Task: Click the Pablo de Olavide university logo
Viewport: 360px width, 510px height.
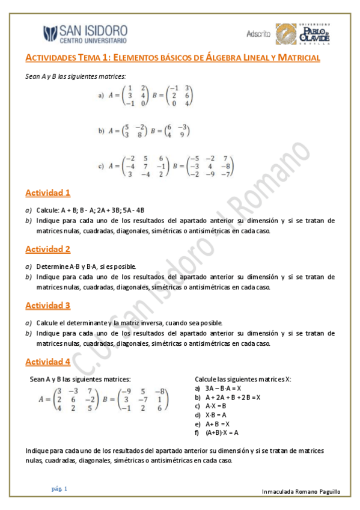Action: pyautogui.click(x=304, y=34)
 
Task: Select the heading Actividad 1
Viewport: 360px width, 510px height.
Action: pyautogui.click(x=48, y=193)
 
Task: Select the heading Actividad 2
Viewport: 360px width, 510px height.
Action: pyautogui.click(x=48, y=249)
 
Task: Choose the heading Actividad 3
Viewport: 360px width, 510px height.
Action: pyautogui.click(x=48, y=306)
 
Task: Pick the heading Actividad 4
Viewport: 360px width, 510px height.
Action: pyautogui.click(x=48, y=361)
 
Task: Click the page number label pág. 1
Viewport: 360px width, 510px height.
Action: pyautogui.click(x=59, y=489)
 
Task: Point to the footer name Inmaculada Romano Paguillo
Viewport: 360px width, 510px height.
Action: pyautogui.click(x=301, y=492)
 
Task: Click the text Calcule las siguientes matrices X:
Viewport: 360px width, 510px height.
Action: pyautogui.click(x=243, y=379)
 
